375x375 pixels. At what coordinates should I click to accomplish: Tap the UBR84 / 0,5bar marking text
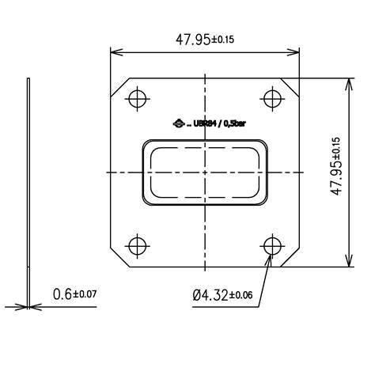pyautogui.click(x=213, y=123)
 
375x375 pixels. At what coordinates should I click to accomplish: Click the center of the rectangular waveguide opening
pyautogui.click(x=205, y=172)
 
